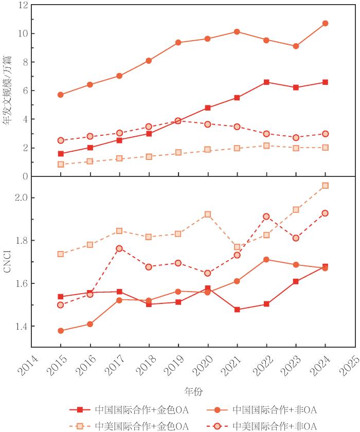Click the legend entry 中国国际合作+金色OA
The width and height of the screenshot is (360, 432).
[129, 410]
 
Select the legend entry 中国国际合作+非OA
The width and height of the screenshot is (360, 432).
[261, 410]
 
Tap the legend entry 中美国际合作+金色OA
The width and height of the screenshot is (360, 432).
[129, 426]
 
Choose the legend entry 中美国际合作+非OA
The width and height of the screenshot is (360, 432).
[261, 426]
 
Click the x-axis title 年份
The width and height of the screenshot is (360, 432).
[193, 391]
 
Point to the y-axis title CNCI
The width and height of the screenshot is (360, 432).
[7, 261]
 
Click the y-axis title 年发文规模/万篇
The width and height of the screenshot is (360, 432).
[8, 90]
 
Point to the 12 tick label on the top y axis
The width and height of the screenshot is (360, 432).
[23, 5]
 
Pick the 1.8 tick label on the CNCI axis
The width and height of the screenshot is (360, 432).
[22, 241]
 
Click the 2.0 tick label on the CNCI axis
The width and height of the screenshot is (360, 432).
[22, 198]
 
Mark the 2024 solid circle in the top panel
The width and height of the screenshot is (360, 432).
[326, 24]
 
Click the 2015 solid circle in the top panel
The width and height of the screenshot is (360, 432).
[61, 95]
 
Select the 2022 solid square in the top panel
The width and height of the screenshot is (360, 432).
[266, 82]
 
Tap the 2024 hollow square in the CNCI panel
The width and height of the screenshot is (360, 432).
[326, 186]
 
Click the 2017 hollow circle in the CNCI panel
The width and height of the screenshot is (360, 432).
[119, 248]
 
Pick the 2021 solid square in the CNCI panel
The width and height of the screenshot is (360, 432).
[237, 310]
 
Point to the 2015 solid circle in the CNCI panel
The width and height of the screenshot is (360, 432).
[61, 331]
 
